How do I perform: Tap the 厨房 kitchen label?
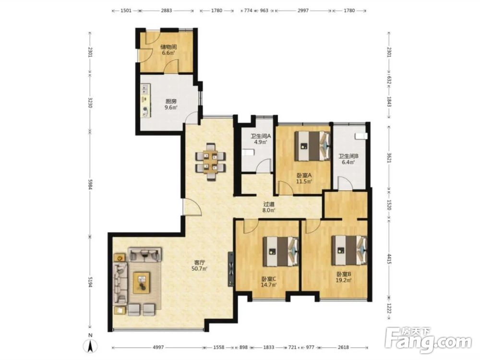point(171,101)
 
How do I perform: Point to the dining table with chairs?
point(211,161)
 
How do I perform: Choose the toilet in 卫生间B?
point(361,136)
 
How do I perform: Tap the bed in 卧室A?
point(312,146)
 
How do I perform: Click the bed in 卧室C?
point(281,252)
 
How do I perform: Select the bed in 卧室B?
point(349,250)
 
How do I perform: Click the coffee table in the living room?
point(142,283)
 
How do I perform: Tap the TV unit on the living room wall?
point(230,269)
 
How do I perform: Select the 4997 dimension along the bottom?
point(158,348)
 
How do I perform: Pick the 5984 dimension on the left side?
point(90,183)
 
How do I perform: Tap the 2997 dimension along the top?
point(303,11)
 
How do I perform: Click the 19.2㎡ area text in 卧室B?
point(344,280)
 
